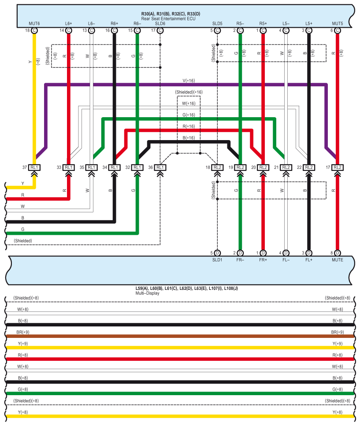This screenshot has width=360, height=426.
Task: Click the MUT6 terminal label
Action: (34, 23)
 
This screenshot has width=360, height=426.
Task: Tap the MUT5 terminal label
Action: (337, 23)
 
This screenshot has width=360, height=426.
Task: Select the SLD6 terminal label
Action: (160, 23)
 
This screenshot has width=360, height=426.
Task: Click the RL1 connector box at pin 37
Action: (34, 167)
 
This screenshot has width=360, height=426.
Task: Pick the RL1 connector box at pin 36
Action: (160, 167)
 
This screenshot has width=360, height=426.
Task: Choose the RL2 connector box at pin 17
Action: (338, 167)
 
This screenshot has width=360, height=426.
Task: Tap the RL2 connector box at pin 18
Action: (217, 167)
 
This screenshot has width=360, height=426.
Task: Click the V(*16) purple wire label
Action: (189, 81)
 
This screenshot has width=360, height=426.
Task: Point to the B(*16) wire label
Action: (189, 138)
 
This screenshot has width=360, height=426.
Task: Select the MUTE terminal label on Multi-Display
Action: (337, 260)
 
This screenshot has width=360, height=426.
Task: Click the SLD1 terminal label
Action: (217, 260)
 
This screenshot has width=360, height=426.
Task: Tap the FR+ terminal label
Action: (263, 260)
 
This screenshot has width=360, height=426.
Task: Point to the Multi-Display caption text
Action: (147, 293)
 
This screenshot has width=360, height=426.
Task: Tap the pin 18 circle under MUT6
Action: (34, 30)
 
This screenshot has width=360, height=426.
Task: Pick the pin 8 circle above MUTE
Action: (338, 253)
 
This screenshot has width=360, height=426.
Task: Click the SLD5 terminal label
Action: (217, 23)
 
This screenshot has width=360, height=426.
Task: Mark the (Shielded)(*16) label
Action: (189, 92)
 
